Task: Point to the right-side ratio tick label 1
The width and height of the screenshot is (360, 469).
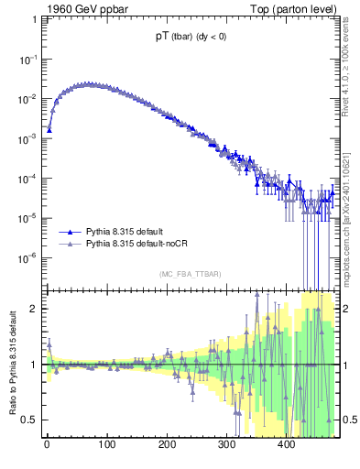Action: point(347,365)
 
